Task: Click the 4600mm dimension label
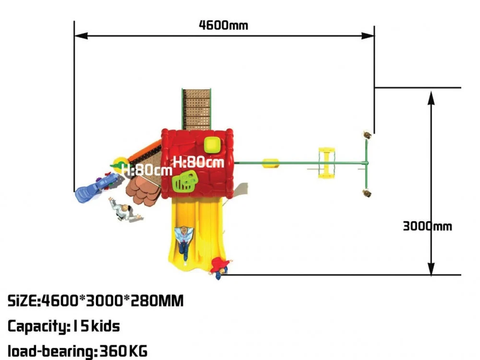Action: (223, 25)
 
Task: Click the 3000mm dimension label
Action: (428, 226)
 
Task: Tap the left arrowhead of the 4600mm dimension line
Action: (81, 36)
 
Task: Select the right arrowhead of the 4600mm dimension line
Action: (367, 36)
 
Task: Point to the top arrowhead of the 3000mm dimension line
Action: (431, 98)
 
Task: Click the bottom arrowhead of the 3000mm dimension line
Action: (431, 268)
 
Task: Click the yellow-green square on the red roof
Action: (212, 145)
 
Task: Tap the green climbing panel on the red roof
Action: (185, 181)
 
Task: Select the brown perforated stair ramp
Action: (196, 110)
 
